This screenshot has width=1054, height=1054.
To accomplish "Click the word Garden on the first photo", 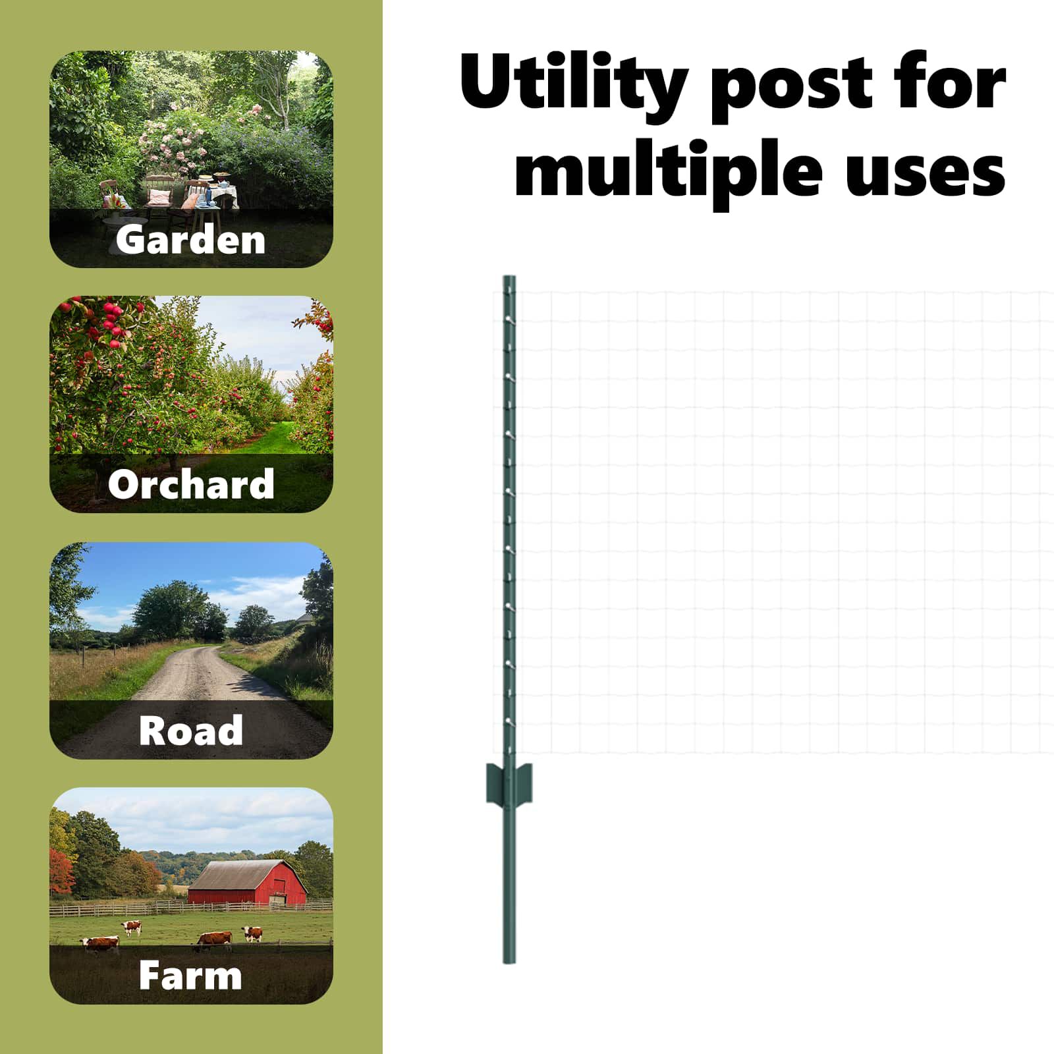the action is [x=190, y=239].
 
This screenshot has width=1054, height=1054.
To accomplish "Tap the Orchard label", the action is [x=191, y=484].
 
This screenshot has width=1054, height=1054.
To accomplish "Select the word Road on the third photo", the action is [x=191, y=730].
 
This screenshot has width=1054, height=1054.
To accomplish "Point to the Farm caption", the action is [x=190, y=975].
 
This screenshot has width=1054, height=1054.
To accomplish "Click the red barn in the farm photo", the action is [x=247, y=883].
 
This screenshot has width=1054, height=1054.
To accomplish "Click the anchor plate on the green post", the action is [x=509, y=783].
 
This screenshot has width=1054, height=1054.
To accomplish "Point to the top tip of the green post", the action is [x=509, y=277].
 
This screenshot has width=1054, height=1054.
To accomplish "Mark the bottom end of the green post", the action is [x=509, y=962].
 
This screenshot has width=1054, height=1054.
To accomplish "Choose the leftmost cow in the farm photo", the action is [x=100, y=945].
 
